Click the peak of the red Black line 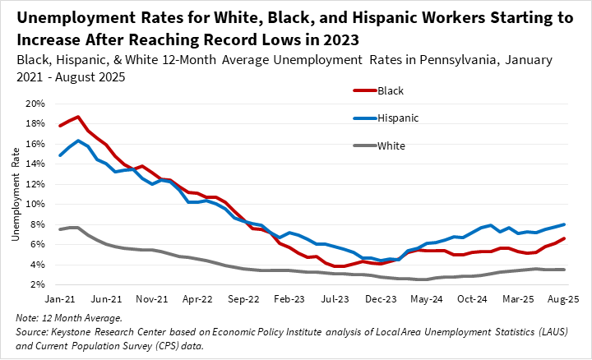[x=77, y=117]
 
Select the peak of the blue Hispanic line [x=78, y=141]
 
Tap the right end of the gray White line [x=562, y=270]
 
